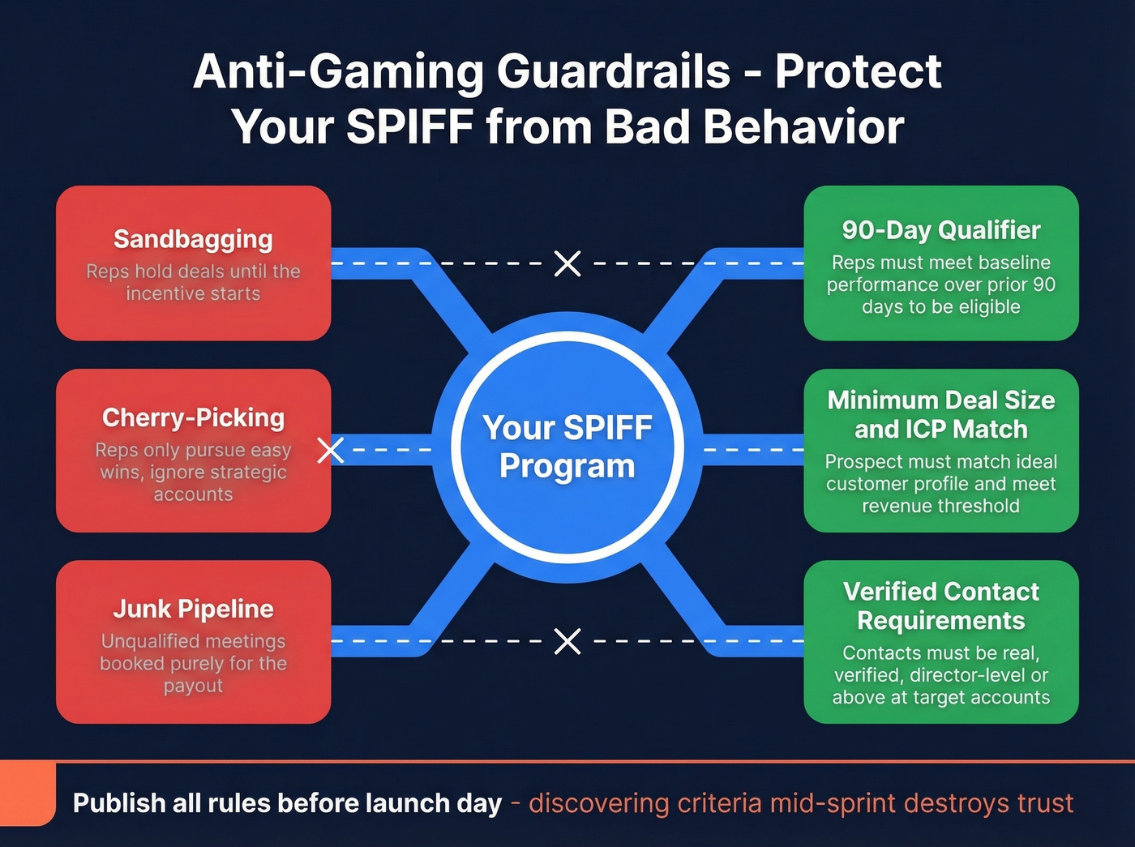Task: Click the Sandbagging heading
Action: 193,239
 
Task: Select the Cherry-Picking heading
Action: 193,417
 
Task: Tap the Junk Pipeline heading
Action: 193,609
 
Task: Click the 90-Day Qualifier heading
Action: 940,230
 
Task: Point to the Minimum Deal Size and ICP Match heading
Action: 940,414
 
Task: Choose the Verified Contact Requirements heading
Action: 940,605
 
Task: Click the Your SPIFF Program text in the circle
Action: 567,447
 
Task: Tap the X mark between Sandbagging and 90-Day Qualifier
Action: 567,263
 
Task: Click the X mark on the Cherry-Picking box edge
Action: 330,450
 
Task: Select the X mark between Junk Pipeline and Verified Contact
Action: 567,641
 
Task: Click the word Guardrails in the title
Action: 613,71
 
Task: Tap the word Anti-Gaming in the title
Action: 337,71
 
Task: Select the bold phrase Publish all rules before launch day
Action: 287,803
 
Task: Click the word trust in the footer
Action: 1045,803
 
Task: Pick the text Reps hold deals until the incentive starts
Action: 193,282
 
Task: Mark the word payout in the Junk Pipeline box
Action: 193,686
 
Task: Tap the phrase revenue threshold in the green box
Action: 940,506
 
